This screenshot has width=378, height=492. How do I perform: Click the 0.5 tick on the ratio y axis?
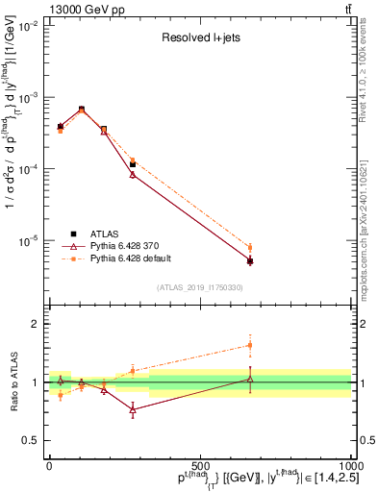30,440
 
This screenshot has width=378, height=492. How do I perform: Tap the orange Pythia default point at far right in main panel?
250,248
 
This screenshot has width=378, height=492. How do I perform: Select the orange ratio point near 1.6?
250,345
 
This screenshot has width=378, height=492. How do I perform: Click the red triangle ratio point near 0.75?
133,409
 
